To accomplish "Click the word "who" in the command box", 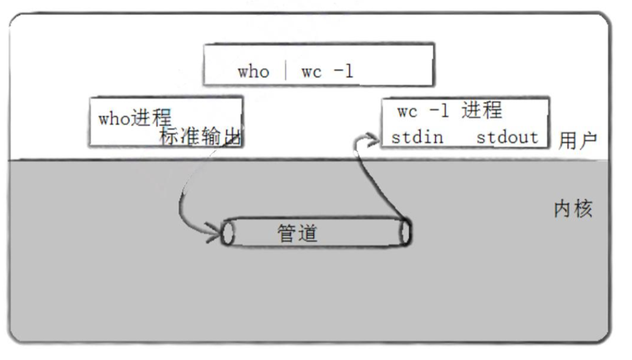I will point(253,72).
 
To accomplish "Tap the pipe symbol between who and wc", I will point(286,71).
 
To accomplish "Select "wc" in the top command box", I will point(311,72).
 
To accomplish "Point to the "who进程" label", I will point(135,118).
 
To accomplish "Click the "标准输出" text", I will point(202,136).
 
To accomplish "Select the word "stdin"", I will point(417,138).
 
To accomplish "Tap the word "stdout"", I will point(507,138).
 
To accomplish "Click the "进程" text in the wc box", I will point(481,110).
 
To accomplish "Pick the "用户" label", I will point(578,140).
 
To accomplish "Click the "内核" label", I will point(573,209).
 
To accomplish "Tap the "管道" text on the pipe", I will point(297,232).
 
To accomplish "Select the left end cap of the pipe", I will point(227,233).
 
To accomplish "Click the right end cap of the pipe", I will point(405,232).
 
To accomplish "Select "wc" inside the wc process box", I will point(407,111).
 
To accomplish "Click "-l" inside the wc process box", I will point(439,111).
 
